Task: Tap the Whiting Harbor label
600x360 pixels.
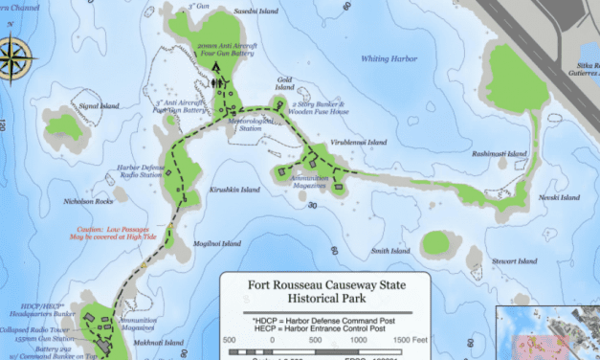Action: (389, 59)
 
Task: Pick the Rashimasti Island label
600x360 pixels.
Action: (500, 153)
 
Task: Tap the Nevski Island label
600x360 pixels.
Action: (561, 197)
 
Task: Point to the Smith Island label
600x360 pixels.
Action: (390, 251)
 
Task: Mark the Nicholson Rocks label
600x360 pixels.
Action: (88, 202)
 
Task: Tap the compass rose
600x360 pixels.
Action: (18, 54)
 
